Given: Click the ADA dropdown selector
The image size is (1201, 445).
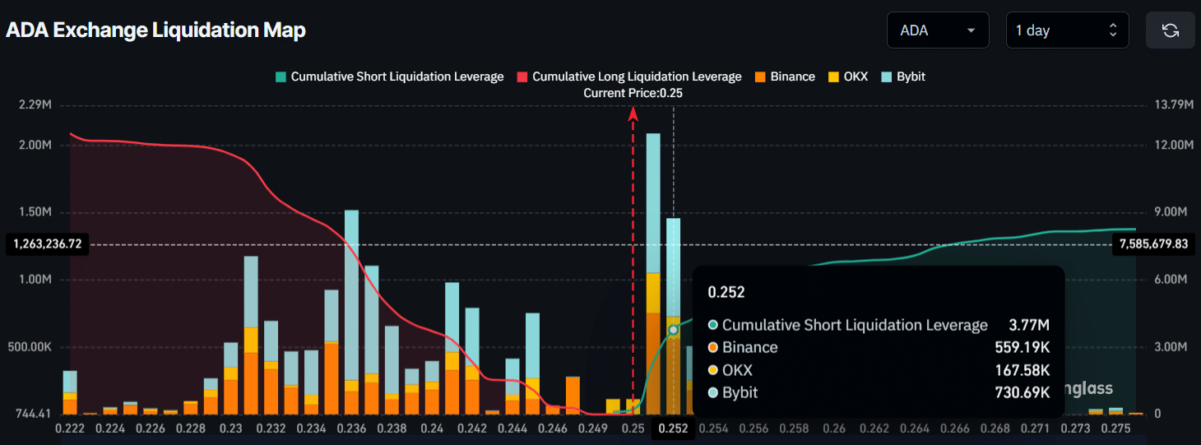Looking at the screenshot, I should pos(937,30).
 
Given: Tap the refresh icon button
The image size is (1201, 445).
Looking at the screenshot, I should pos(1170,30).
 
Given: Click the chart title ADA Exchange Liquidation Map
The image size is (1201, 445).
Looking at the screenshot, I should pos(155,30).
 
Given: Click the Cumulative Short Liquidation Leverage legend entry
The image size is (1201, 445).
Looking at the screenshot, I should pos(389,76).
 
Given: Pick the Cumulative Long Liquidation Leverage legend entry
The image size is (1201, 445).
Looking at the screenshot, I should pos(629,76).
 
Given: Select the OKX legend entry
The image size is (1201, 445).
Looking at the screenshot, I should pos(847,76).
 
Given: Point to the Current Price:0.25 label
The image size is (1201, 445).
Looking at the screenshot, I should pos(633,93).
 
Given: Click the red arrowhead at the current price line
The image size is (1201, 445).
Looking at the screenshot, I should pos(633,114).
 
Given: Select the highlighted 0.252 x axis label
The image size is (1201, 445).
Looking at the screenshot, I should pos(672,429).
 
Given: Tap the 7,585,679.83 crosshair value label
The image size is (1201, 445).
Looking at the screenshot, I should pos(1152,244).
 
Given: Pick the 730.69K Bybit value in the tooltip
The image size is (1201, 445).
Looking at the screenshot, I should pos(1022,392).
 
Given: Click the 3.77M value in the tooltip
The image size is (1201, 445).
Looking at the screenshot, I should pos(1034,325).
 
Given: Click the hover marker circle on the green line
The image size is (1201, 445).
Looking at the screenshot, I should pos(673,330).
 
